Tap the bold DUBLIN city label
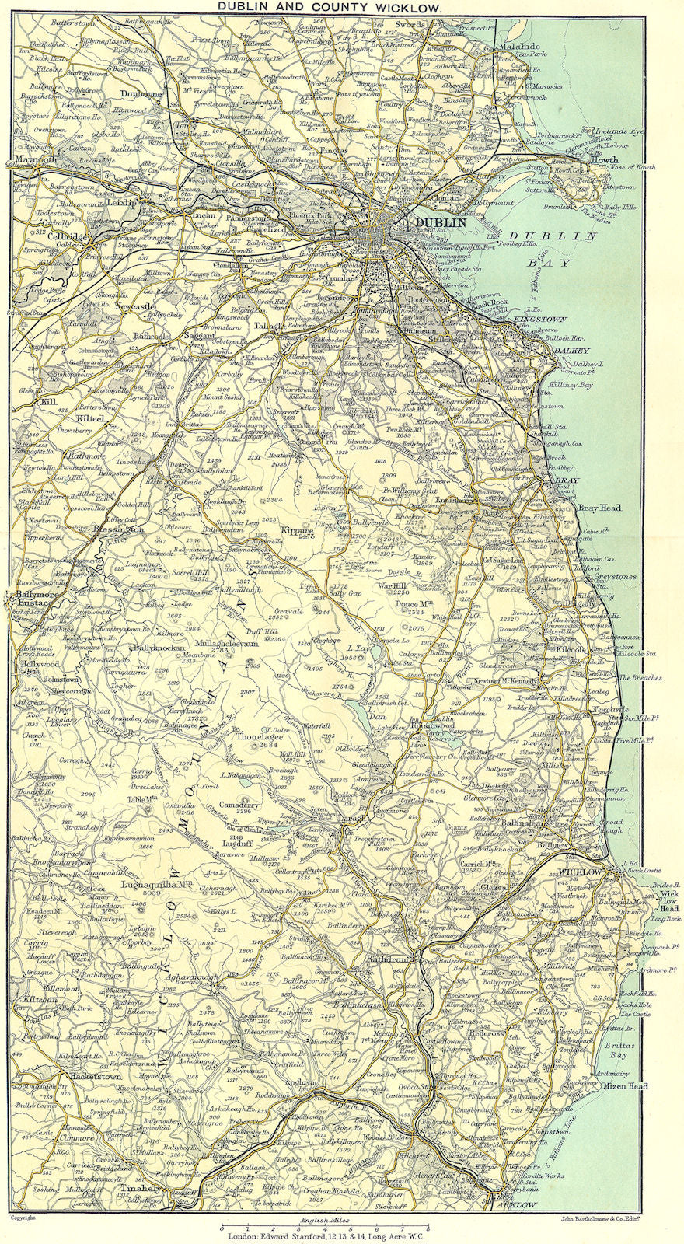(441, 222)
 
